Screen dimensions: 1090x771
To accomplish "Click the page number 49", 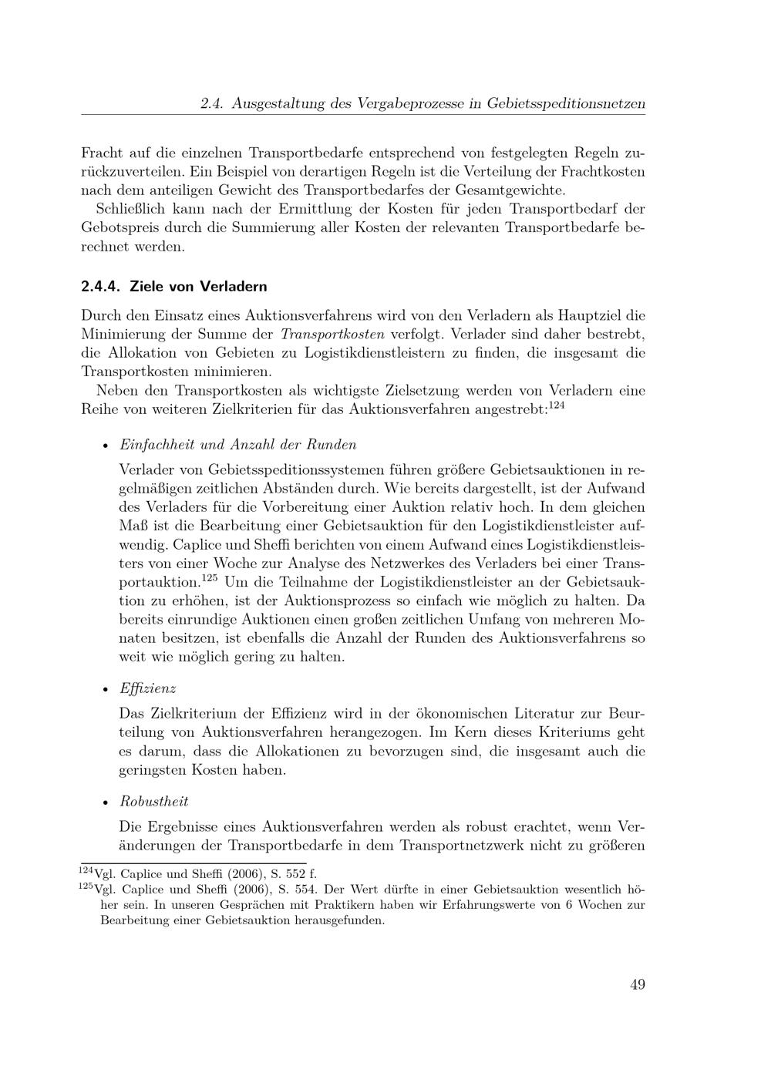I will coord(637,984).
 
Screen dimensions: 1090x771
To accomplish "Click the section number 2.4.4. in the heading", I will coord(101,286).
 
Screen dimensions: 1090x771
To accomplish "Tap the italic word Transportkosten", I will coord(332,335).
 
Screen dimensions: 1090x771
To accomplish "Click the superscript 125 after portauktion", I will coord(209,577).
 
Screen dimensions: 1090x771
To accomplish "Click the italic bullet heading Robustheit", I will coord(154,802).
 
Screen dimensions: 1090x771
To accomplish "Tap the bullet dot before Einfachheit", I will coord(105,446).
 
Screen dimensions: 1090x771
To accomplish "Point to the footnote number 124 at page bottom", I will coord(86,870).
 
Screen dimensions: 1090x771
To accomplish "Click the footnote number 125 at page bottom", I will coord(86,886).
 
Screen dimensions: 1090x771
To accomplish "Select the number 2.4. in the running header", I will coord(211,103).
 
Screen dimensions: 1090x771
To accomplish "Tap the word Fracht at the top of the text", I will coord(101,152).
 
